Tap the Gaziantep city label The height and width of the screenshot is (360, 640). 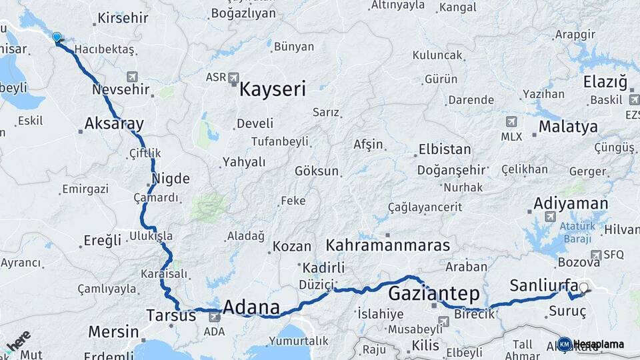click(x=433, y=293)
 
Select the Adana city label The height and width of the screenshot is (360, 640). click(x=251, y=308)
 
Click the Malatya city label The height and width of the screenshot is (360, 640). click(x=568, y=127)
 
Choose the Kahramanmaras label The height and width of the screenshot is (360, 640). click(x=388, y=245)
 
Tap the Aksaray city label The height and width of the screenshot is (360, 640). click(x=115, y=123)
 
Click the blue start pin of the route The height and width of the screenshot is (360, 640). click(x=57, y=38)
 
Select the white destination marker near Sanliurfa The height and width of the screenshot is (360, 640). click(x=584, y=289)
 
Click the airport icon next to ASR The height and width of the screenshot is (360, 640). click(x=233, y=78)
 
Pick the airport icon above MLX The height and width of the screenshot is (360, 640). click(x=511, y=121)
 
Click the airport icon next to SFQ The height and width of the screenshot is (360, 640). click(x=595, y=254)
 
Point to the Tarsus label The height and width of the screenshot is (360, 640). click(x=171, y=315)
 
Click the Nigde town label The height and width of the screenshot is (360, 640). click(x=171, y=179)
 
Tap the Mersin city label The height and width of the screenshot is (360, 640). click(x=113, y=331)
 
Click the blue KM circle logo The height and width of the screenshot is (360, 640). click(x=564, y=344)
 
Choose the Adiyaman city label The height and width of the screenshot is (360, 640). click(x=571, y=203)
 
